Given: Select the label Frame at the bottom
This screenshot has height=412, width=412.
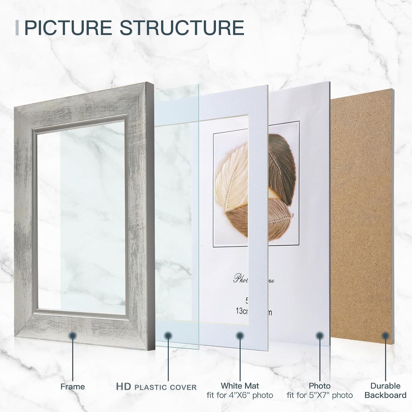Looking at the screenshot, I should click(73, 386).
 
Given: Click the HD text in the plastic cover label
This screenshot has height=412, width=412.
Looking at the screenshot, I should click(123, 386).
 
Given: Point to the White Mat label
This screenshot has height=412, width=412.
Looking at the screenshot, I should click(240, 386).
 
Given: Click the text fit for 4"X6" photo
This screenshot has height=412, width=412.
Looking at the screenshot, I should click(240, 396).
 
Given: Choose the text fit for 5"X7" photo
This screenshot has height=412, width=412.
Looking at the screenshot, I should click(319, 396).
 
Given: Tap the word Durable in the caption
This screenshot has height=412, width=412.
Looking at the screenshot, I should click(385, 386).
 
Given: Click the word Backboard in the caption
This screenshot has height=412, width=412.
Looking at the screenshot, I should click(385, 396).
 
